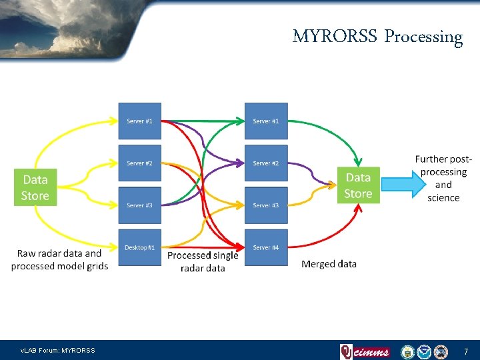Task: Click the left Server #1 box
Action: click(140, 121)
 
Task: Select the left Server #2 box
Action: click(140, 163)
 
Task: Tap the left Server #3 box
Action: click(140, 205)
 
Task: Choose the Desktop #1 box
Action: click(140, 247)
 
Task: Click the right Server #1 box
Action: click(266, 121)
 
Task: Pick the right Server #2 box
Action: click(266, 163)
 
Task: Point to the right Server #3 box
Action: click(266, 205)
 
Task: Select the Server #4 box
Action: click(266, 247)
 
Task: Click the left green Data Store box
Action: click(35, 187)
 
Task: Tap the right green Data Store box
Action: click(358, 185)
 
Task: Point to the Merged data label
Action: click(329, 264)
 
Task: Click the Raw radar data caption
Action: click(59, 259)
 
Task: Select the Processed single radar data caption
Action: click(203, 261)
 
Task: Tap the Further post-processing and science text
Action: click(443, 178)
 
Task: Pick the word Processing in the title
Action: click(423, 37)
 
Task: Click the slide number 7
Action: click(465, 351)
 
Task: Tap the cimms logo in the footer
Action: click(365, 351)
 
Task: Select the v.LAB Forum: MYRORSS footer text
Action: click(58, 351)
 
